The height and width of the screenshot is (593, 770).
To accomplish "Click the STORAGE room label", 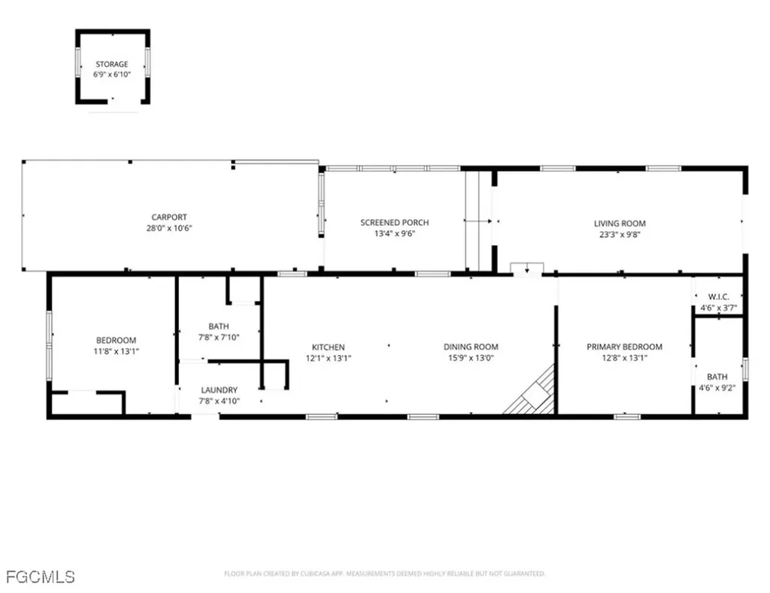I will pyautogui.click(x=111, y=65).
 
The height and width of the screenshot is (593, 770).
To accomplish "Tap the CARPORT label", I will pyautogui.click(x=169, y=217).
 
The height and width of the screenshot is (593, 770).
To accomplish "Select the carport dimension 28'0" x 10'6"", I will pyautogui.click(x=169, y=228).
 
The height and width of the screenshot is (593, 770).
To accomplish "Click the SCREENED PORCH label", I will pyautogui.click(x=394, y=222).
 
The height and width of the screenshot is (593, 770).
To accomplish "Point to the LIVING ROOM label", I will pyautogui.click(x=620, y=223).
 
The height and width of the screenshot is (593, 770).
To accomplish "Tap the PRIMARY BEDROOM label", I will pyautogui.click(x=624, y=346).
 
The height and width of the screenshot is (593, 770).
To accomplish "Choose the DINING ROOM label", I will pyautogui.click(x=471, y=346).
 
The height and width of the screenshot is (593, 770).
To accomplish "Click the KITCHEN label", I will pyautogui.click(x=329, y=347).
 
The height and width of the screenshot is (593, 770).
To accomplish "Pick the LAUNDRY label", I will pyautogui.click(x=219, y=390).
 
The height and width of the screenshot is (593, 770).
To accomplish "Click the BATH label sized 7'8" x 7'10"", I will pyautogui.click(x=219, y=326).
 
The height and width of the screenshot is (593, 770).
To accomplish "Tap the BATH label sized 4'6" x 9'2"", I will pyautogui.click(x=717, y=377).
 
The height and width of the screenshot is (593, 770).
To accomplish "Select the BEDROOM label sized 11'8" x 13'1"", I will pyautogui.click(x=116, y=340).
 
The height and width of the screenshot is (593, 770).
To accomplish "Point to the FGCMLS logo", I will pyautogui.click(x=40, y=577).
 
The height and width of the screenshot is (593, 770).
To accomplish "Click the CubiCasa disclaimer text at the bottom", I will pyautogui.click(x=384, y=574).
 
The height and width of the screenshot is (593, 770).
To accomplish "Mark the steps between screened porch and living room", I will pyautogui.click(x=478, y=221).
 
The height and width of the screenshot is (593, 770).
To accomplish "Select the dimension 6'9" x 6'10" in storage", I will pyautogui.click(x=111, y=75).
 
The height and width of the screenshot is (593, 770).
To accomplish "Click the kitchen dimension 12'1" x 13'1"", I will pyautogui.click(x=329, y=359).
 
